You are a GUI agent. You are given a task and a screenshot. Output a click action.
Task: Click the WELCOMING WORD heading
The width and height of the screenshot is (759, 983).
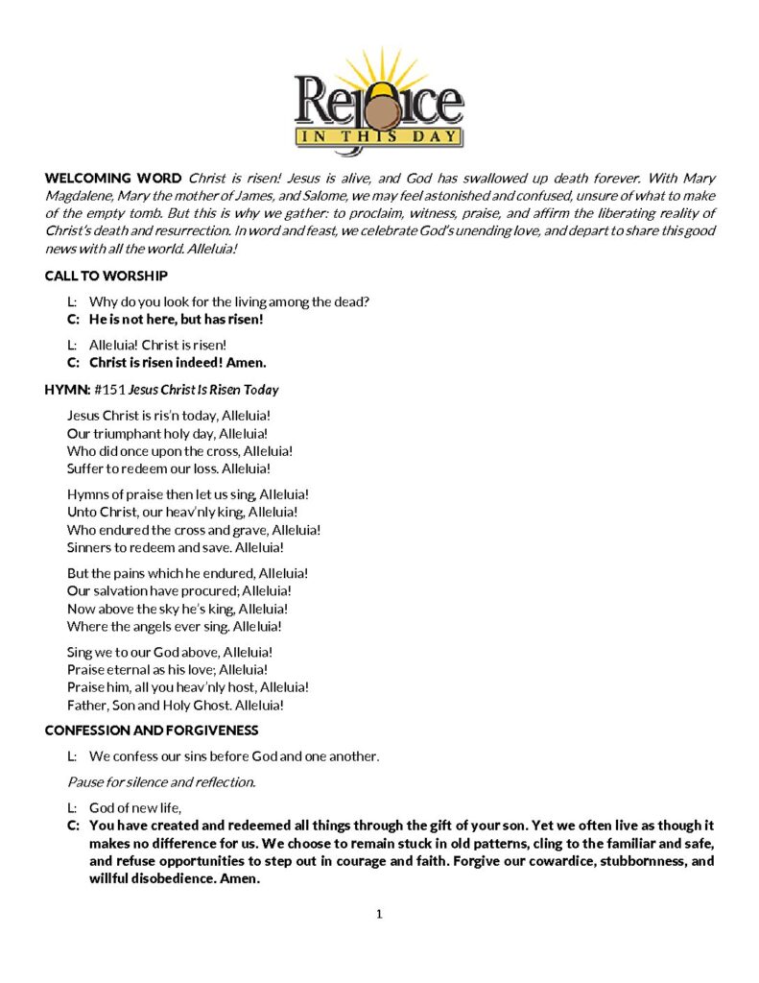(x=112, y=179)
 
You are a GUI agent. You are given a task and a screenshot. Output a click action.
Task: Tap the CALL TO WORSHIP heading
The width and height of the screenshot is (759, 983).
(x=107, y=276)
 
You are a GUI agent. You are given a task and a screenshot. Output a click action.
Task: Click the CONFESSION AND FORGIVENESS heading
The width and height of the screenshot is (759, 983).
(x=151, y=731)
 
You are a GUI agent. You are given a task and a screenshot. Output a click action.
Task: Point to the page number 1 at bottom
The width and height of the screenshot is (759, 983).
(x=379, y=914)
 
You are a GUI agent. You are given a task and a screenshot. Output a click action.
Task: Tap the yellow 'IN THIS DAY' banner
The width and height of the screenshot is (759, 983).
(x=379, y=136)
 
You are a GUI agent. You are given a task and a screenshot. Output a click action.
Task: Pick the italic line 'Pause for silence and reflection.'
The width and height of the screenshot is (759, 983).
(x=161, y=782)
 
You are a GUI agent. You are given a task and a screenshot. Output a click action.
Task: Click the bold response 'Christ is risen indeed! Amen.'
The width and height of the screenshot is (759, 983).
(x=178, y=363)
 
